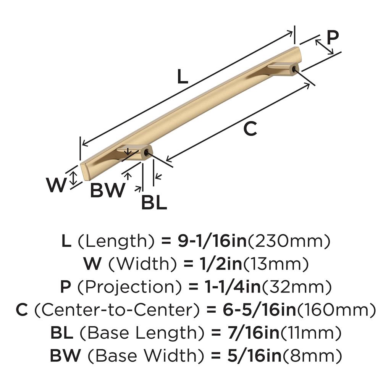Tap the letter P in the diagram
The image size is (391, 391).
click(x=333, y=37)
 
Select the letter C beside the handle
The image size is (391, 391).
click(x=250, y=128)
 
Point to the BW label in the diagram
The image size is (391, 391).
click(x=107, y=190)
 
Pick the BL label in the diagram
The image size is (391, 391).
click(x=154, y=202)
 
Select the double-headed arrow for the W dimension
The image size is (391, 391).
click(x=73, y=176)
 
